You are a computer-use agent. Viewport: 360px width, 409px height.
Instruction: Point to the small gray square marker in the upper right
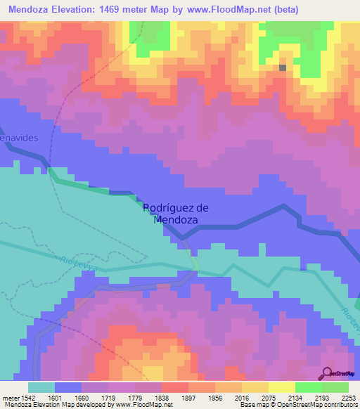tap(283, 68)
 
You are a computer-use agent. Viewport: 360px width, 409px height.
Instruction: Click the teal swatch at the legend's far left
tap(41, 388)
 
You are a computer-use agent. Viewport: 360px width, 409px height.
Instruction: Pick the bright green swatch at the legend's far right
tap(335, 388)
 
